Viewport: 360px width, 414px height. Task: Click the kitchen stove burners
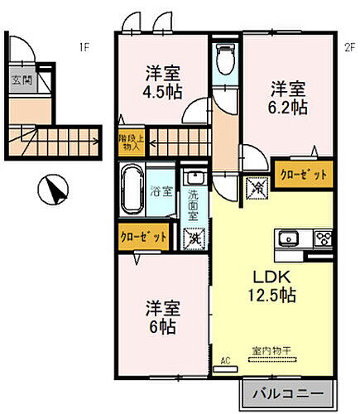(323, 236)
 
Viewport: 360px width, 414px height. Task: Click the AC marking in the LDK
(224, 361)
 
